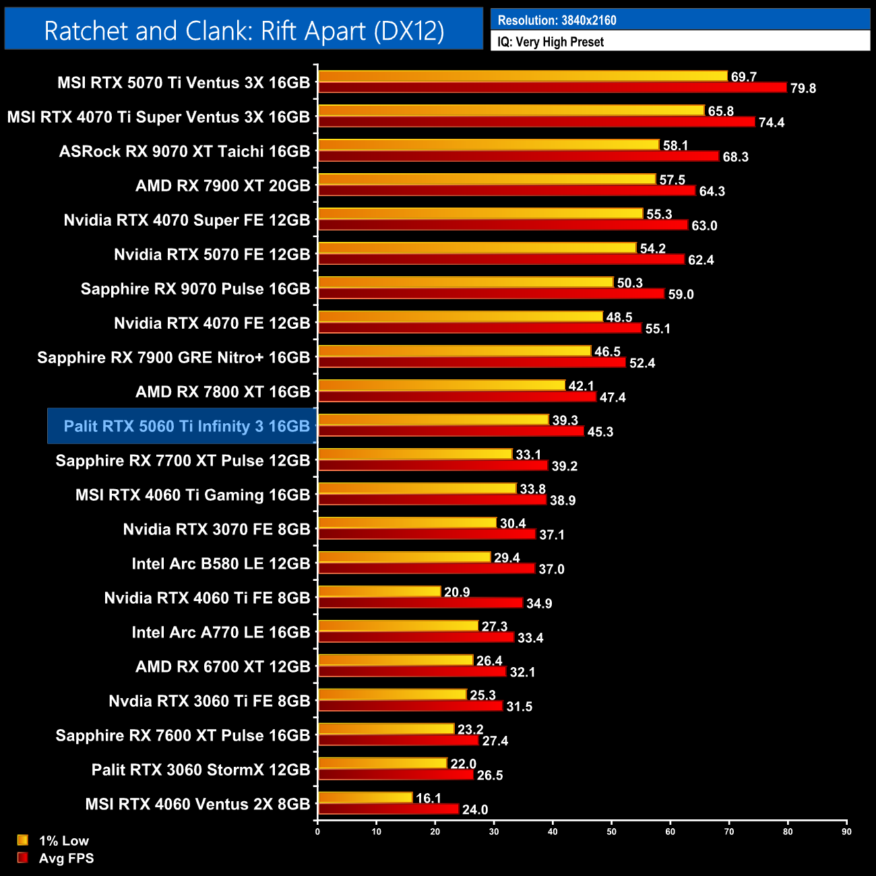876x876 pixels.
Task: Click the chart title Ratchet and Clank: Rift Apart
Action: (x=244, y=31)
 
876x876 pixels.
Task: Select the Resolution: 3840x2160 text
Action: (x=557, y=20)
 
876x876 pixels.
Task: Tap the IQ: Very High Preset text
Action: (x=551, y=42)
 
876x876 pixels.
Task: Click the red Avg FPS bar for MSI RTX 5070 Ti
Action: (x=553, y=88)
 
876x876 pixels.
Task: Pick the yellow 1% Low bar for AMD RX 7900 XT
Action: (x=487, y=179)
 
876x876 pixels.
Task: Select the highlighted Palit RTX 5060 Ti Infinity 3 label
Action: (x=186, y=427)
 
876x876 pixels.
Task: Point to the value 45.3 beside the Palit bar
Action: (x=600, y=432)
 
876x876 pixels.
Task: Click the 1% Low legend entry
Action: (x=63, y=840)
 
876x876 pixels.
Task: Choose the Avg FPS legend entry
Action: (x=66, y=858)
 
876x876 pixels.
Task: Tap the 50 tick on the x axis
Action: (x=611, y=832)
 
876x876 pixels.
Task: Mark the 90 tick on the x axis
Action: (x=846, y=832)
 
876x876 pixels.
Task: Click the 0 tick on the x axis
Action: (x=317, y=832)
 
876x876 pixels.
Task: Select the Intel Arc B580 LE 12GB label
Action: (x=221, y=564)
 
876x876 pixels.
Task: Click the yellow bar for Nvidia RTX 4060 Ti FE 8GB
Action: (x=379, y=592)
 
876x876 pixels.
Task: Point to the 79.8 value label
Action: (x=803, y=88)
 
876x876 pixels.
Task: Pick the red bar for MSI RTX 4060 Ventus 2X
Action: (x=388, y=809)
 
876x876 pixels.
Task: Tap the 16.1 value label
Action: (x=429, y=799)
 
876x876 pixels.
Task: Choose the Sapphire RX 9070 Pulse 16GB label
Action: (x=195, y=289)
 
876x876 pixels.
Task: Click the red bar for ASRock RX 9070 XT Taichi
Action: (x=519, y=156)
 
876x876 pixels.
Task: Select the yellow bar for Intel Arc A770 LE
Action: (x=398, y=626)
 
